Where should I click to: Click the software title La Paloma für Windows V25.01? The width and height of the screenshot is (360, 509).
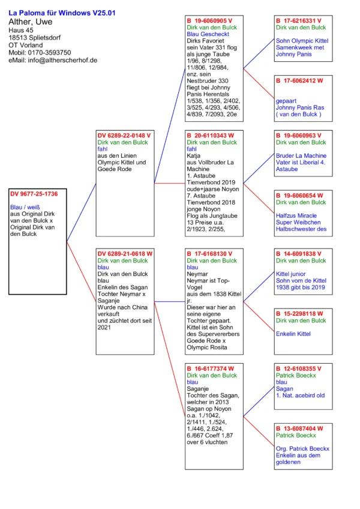tap(62, 12)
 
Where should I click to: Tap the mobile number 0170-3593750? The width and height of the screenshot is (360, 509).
tap(50, 53)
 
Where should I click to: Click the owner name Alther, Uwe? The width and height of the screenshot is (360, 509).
tap(30, 22)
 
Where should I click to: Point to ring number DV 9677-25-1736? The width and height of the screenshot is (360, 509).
tap(34, 194)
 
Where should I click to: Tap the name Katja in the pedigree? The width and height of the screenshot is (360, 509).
tap(193, 154)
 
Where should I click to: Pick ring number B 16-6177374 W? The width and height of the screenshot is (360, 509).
tap(212, 369)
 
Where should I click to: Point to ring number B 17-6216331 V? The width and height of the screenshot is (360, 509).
tap(299, 20)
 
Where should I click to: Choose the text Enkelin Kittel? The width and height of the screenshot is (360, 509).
tap(294, 333)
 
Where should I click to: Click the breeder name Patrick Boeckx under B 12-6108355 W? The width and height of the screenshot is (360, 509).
tap(296, 375)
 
